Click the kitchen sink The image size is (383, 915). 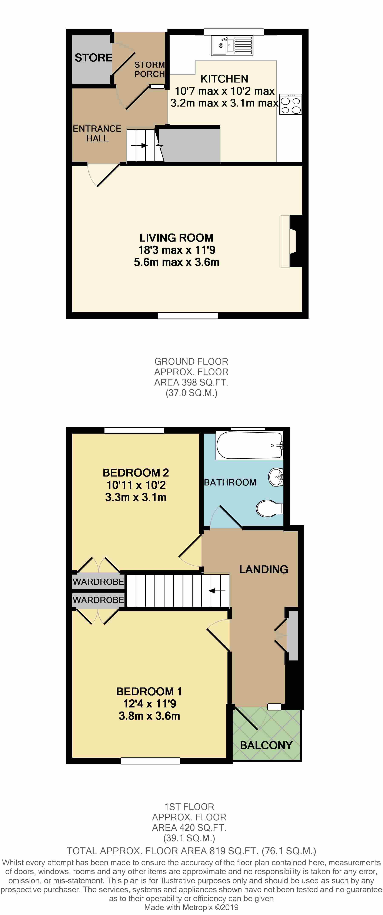pyautogui.click(x=232, y=46)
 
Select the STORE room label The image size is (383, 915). pyautogui.click(x=93, y=58)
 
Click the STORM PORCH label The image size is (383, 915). pyautogui.click(x=150, y=69)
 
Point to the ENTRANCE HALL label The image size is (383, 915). pyautogui.click(x=97, y=134)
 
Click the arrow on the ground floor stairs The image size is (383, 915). pyautogui.click(x=139, y=145)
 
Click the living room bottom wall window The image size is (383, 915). pyautogui.click(x=188, y=315)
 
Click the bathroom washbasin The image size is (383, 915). pyautogui.click(x=276, y=477)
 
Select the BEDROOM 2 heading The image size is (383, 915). pyautogui.click(x=136, y=473)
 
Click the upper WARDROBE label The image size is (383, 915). pyautogui.click(x=99, y=581)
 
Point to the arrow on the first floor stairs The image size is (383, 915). pyautogui.click(x=217, y=591)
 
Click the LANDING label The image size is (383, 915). pyautogui.click(x=264, y=569)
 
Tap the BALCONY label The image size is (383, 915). pyautogui.click(x=266, y=745)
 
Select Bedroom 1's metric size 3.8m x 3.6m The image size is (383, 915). pyautogui.click(x=149, y=716)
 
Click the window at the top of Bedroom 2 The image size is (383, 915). pyautogui.click(x=134, y=431)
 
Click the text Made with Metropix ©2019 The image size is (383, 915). pyautogui.click(x=191, y=907)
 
